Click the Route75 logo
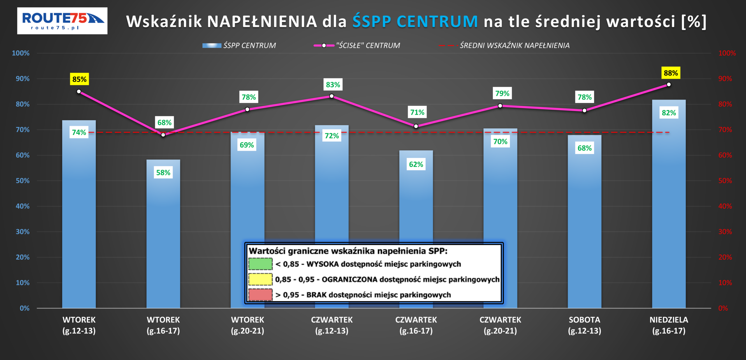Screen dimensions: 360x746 (x=62, y=21)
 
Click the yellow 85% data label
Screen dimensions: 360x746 (x=79, y=79)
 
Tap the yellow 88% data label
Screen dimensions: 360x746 (x=671, y=73)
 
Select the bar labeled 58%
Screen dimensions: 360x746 (x=163, y=233)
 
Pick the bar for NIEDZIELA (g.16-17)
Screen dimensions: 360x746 (x=669, y=204)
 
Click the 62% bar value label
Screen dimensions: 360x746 (x=416, y=165)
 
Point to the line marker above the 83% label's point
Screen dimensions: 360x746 (x=332, y=96)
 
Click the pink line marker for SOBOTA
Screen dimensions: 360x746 (x=584, y=111)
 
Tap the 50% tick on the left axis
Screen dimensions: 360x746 (x=22, y=181)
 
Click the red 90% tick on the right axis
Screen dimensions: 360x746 (x=725, y=79)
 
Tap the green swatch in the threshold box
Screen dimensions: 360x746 (x=260, y=264)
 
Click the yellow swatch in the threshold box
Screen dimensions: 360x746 (x=260, y=279)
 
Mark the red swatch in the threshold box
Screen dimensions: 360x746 (x=260, y=294)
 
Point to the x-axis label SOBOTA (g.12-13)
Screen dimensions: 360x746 (x=584, y=325)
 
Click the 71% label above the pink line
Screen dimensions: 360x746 (x=417, y=112)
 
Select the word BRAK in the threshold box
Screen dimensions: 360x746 (x=316, y=295)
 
